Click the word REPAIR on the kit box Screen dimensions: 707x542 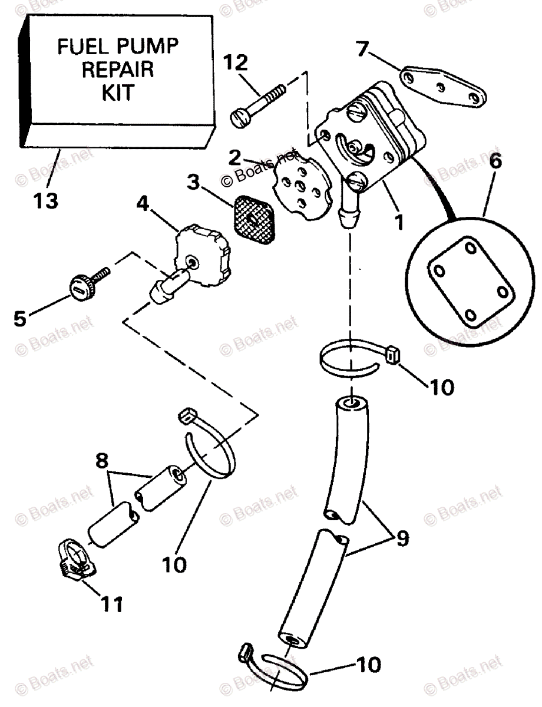(118, 69)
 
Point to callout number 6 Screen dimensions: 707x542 (495, 162)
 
